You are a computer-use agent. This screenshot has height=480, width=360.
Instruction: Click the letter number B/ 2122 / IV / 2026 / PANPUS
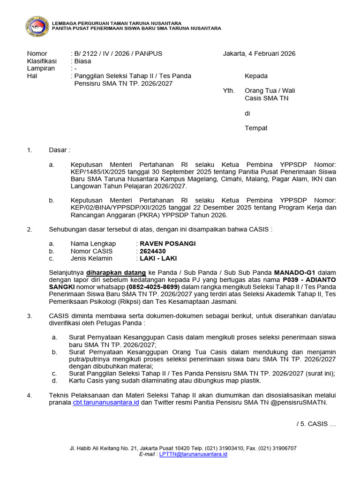tap(117, 53)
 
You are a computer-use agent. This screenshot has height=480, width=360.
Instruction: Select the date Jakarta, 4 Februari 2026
tap(259, 53)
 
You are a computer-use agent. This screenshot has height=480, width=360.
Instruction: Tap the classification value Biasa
tap(82, 61)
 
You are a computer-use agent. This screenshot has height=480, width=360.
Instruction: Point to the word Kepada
tap(256, 76)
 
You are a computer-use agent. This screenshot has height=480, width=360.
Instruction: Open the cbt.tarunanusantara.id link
tap(106, 403)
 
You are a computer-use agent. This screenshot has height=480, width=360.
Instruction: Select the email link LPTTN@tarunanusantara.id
tap(193, 454)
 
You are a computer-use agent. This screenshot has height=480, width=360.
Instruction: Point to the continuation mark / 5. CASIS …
tap(316, 424)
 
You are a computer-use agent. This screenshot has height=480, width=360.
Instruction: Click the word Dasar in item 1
tap(59, 150)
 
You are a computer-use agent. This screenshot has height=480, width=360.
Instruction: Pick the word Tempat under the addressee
tap(256, 128)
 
